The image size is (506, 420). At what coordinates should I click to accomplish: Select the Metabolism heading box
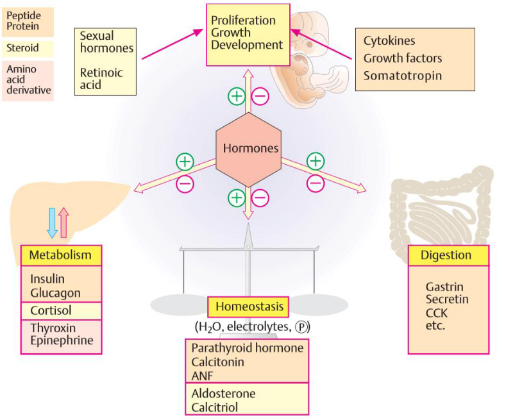(x=61, y=255)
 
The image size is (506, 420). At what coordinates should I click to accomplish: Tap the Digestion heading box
(x=448, y=255)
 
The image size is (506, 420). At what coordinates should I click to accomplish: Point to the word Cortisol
(x=51, y=310)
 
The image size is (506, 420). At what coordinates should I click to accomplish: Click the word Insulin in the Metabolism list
(x=47, y=279)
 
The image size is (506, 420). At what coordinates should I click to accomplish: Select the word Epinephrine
(x=62, y=340)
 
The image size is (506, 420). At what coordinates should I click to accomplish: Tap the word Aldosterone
(x=223, y=393)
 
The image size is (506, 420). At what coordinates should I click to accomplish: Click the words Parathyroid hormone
(x=246, y=348)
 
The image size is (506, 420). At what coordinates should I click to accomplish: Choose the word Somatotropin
(x=403, y=75)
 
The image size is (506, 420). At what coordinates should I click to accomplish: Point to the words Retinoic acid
(x=100, y=78)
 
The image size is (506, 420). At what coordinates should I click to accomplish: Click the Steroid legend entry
(x=22, y=47)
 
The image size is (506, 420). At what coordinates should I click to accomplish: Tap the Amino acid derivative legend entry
(x=28, y=79)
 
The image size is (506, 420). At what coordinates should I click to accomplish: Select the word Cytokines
(x=389, y=41)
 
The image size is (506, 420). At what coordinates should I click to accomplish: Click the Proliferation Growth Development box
(x=247, y=33)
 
